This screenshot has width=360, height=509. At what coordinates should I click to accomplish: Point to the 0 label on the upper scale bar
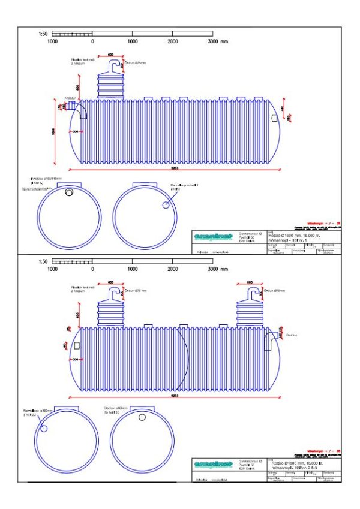92,43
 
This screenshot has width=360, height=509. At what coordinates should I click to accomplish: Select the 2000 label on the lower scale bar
173,269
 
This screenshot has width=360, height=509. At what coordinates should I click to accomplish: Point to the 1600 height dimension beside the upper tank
53,132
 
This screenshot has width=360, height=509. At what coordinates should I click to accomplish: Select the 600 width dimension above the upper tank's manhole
111,55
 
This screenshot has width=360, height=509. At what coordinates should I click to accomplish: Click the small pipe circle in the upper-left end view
70,192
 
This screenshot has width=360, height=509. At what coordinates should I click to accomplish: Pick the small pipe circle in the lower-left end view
44,428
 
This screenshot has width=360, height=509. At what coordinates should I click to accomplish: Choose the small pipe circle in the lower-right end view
142,417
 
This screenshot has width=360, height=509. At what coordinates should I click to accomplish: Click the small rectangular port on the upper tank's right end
275,118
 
